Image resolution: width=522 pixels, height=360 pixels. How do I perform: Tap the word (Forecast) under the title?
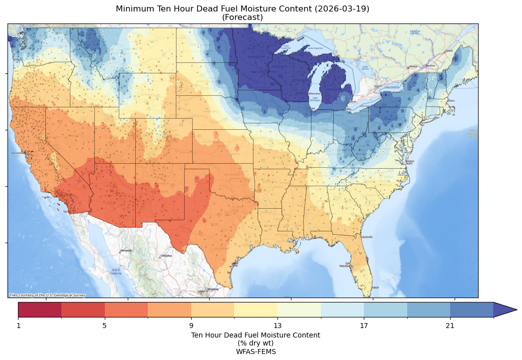(x=243, y=17)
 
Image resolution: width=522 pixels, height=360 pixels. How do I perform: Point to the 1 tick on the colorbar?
(x=18, y=326)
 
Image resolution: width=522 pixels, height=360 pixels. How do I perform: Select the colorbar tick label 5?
(x=105, y=326)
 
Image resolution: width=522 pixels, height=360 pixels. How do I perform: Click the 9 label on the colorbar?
(x=191, y=326)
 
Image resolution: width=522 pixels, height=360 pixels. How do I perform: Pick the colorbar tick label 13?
(x=277, y=326)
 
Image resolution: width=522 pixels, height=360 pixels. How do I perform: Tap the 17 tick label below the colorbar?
(x=364, y=326)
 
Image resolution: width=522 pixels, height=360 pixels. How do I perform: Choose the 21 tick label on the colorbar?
(x=450, y=326)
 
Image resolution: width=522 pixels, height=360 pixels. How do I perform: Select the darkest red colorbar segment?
(x=40, y=310)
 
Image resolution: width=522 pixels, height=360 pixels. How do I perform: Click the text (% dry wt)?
(x=256, y=343)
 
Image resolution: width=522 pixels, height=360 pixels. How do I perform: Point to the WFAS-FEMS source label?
(x=256, y=352)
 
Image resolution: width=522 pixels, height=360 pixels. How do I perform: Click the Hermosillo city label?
(x=126, y=251)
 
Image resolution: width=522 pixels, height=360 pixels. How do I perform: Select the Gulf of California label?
(x=115, y=273)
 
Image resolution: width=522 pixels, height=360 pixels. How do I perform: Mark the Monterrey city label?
(x=214, y=289)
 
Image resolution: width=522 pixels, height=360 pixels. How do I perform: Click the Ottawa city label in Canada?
(x=413, y=66)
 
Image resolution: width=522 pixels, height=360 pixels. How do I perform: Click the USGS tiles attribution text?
(x=47, y=295)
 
